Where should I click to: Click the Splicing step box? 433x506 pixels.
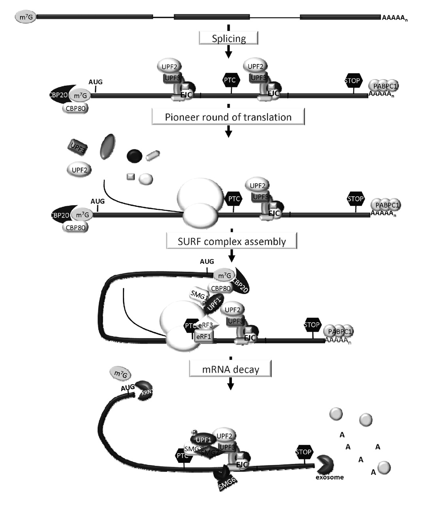[229, 38]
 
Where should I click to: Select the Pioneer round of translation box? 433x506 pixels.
[228, 117]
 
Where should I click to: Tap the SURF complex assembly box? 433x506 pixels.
[232, 241]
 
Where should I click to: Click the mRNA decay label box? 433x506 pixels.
[231, 370]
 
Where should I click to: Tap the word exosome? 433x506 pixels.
[329, 477]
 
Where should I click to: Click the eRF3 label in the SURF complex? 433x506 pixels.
[206, 325]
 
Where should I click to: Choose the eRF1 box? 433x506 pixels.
[204, 336]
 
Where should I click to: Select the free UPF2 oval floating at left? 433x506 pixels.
[79, 170]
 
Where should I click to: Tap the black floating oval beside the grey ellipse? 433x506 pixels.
[134, 156]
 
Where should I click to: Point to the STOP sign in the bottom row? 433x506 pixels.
[304, 452]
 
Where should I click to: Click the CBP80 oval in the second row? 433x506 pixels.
[75, 108]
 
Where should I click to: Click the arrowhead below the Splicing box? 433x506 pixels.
[228, 54]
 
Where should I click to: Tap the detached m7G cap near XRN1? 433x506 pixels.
[122, 374]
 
